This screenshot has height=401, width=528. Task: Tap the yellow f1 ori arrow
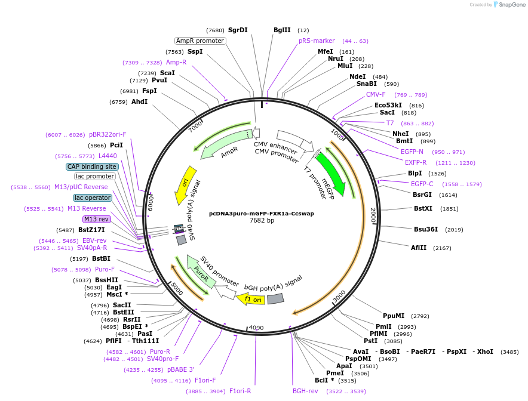[250, 298]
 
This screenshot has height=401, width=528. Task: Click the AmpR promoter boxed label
[200, 41]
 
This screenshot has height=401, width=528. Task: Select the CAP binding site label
[91, 166]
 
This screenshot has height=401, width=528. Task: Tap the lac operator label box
[93, 198]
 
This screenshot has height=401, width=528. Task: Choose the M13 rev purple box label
[96, 219]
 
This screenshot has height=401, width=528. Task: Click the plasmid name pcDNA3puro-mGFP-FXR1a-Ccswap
[261, 213]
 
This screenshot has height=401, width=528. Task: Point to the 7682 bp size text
[262, 221]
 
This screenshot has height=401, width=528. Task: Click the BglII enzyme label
[282, 30]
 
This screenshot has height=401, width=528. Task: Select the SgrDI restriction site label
[238, 30]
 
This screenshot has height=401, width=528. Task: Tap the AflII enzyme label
[419, 248]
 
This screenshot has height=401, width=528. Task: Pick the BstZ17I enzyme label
[91, 230]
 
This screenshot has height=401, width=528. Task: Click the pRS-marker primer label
[317, 41]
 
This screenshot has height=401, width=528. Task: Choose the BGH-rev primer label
[305, 391]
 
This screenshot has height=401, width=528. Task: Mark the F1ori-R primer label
[240, 391]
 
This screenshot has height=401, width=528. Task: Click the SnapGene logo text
[509, 5]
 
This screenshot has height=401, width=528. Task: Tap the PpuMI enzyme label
[394, 316]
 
